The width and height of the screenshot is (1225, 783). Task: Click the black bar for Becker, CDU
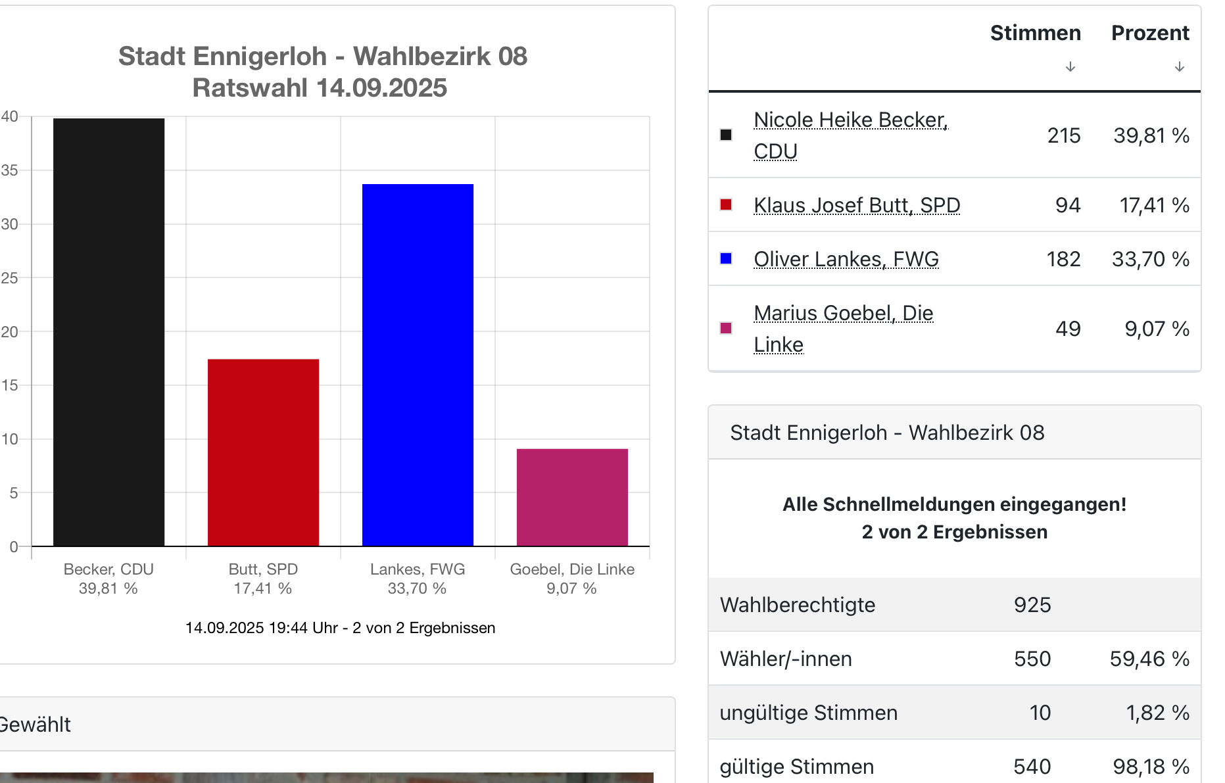tap(108, 332)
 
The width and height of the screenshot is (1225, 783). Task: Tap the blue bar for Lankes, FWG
tap(418, 365)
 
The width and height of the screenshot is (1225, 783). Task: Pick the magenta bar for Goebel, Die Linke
tap(572, 497)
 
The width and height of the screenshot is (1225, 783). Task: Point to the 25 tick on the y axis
tap(10, 278)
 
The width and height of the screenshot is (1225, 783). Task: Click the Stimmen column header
tap(1035, 33)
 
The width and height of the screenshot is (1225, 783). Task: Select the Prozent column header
tap(1150, 33)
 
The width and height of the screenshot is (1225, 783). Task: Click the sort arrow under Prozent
tap(1180, 66)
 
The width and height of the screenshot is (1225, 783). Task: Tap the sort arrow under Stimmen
tap(1070, 66)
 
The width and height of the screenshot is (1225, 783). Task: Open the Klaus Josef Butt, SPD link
tap(857, 205)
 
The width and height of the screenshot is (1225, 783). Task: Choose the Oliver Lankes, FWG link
tap(846, 259)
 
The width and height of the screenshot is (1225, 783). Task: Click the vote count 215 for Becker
tap(1064, 135)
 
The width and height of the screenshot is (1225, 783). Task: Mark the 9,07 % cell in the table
tap(1157, 329)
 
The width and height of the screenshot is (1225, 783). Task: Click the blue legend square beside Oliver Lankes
tap(726, 258)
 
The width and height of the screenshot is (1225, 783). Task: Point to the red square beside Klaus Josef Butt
tap(726, 204)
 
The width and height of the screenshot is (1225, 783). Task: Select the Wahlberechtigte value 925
tap(1032, 605)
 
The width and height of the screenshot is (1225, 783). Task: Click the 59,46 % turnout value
tap(1149, 659)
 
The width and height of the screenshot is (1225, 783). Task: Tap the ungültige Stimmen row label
tap(809, 713)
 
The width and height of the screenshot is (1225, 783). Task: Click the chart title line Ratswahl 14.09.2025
tap(320, 87)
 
